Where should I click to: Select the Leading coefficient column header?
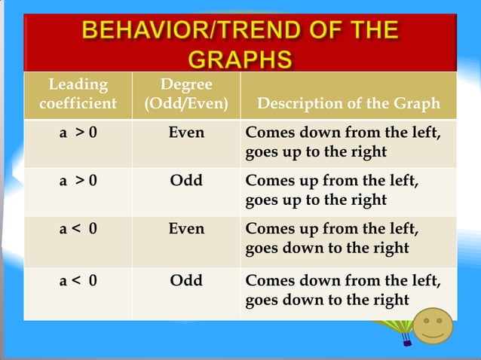(x=78, y=94)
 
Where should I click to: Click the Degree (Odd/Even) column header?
(x=186, y=94)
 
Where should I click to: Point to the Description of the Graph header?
(x=348, y=104)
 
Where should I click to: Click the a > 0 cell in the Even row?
(x=78, y=133)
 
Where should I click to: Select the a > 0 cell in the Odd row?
(x=78, y=182)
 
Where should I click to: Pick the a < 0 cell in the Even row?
(x=78, y=229)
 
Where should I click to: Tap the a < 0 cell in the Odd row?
(x=78, y=280)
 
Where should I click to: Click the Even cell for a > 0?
(x=186, y=133)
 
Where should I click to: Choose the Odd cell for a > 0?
(x=186, y=182)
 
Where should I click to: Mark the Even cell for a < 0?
(x=186, y=229)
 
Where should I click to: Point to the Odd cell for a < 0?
(x=186, y=280)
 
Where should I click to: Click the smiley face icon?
(x=433, y=326)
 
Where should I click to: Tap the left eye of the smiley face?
(x=425, y=321)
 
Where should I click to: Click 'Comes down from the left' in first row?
(x=343, y=133)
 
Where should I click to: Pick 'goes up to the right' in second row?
(x=316, y=200)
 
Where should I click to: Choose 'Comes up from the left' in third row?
(x=332, y=228)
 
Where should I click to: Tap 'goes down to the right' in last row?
(x=327, y=300)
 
